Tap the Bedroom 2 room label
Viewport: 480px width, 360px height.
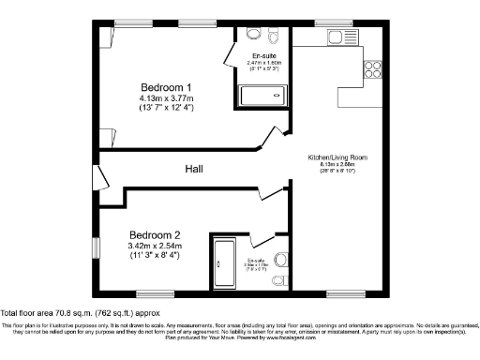pos(154,234)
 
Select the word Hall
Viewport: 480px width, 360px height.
pos(194,169)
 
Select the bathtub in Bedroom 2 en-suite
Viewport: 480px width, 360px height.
pos(225,262)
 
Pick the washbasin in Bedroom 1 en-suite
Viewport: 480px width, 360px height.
pos(253,34)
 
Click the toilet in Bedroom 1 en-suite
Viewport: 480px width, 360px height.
pos(274,35)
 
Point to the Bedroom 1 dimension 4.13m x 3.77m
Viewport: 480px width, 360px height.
pos(160,97)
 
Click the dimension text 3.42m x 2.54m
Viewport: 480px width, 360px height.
pos(154,246)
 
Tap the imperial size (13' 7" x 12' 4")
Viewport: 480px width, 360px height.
pos(160,109)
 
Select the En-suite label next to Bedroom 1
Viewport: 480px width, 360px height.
pos(263,56)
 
